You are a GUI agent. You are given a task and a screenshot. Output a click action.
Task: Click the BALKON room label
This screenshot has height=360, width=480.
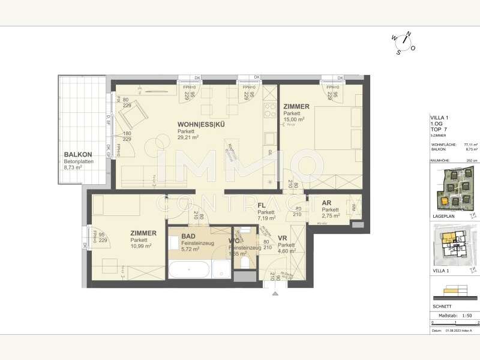77,155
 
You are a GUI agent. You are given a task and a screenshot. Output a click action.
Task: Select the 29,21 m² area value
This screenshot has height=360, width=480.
188,137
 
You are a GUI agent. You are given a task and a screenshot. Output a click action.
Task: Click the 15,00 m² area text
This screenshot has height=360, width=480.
294,119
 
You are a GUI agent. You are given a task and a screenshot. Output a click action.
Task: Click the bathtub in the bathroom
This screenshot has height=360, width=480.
189,268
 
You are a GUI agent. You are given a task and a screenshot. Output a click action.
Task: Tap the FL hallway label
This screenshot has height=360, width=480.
262,206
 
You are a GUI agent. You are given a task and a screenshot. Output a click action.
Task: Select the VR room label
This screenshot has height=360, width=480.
282,238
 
